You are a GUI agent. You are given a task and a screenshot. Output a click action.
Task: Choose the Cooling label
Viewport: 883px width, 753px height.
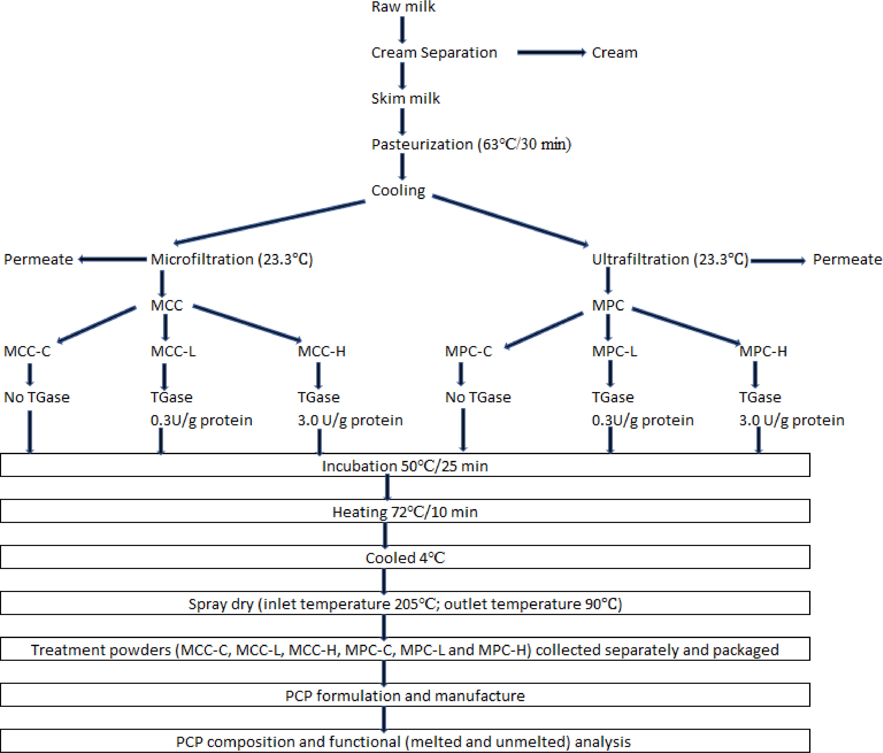(x=398, y=190)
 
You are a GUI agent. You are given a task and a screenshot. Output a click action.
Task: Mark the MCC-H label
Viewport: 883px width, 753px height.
(x=321, y=351)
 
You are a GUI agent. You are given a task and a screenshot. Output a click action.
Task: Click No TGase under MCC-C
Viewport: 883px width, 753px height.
(x=37, y=397)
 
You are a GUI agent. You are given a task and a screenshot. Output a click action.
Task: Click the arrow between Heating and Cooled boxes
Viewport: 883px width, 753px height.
(x=385, y=534)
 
